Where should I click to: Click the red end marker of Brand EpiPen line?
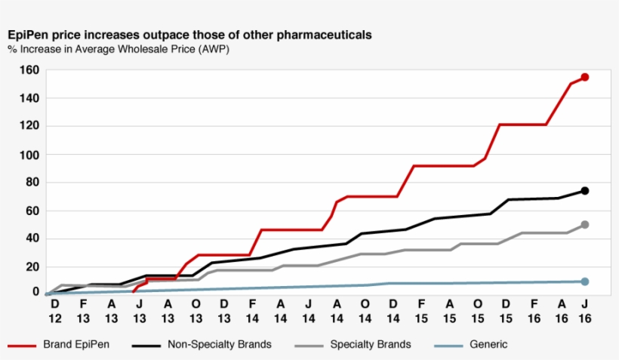tap(584, 77)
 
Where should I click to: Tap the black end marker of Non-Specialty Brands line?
tap(584, 191)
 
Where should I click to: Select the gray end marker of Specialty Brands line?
tap(584, 225)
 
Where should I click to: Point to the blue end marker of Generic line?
tap(584, 282)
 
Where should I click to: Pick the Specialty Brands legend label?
tap(371, 345)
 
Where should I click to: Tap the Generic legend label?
tap(488, 345)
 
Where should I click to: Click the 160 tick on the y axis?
tap(29, 70)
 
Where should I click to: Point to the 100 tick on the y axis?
tap(29, 155)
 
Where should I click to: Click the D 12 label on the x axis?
tap(54, 311)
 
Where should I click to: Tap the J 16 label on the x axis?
tap(584, 311)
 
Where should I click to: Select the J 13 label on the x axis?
tap(139, 311)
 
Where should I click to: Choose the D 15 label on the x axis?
tap(505, 311)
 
